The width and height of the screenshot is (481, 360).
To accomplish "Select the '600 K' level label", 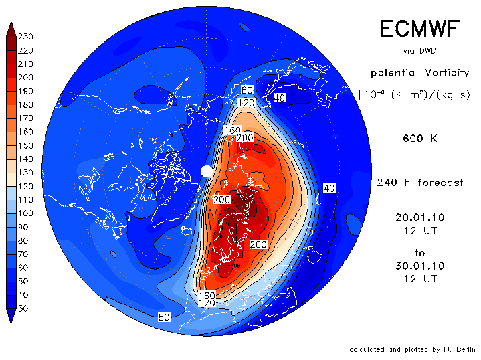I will (420, 139).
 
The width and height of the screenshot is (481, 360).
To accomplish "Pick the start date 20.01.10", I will (419, 217).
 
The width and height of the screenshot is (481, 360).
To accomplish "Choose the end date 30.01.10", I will (419, 266).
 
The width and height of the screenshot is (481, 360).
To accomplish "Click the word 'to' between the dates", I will (419, 253).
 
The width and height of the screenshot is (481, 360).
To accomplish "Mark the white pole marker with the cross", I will (208, 171).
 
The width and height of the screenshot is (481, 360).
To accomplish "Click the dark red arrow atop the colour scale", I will (12, 29).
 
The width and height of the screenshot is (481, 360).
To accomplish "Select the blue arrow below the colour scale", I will (12, 316).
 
